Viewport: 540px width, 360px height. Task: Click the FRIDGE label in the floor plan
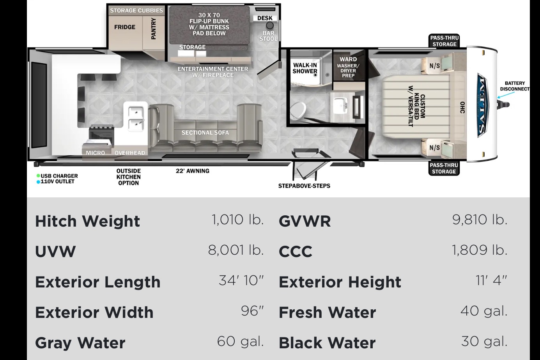(x=125, y=27)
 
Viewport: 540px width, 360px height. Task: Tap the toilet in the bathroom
(x=297, y=110)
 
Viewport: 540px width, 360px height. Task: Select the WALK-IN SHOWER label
(x=305, y=68)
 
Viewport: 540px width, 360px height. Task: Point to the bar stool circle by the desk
(x=270, y=25)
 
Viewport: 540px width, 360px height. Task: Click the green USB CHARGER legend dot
(x=38, y=176)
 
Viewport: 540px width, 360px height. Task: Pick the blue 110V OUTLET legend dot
(x=38, y=182)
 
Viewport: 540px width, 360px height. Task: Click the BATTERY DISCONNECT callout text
(x=515, y=86)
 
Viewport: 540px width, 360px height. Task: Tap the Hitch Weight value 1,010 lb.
(x=237, y=220)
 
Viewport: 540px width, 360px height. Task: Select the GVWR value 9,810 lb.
(x=480, y=220)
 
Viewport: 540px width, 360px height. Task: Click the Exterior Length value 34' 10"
(x=241, y=280)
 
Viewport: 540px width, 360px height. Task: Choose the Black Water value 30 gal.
(x=484, y=341)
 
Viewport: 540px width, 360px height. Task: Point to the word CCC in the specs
(x=295, y=252)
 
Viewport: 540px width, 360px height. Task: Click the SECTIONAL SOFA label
(x=205, y=133)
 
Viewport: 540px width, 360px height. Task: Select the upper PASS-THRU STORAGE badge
(x=444, y=41)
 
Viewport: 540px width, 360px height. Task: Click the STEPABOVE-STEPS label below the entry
(x=304, y=186)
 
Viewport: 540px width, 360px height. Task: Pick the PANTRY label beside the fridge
(x=154, y=28)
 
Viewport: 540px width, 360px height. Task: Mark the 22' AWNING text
(x=192, y=171)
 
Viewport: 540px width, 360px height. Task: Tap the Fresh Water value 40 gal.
(x=484, y=311)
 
